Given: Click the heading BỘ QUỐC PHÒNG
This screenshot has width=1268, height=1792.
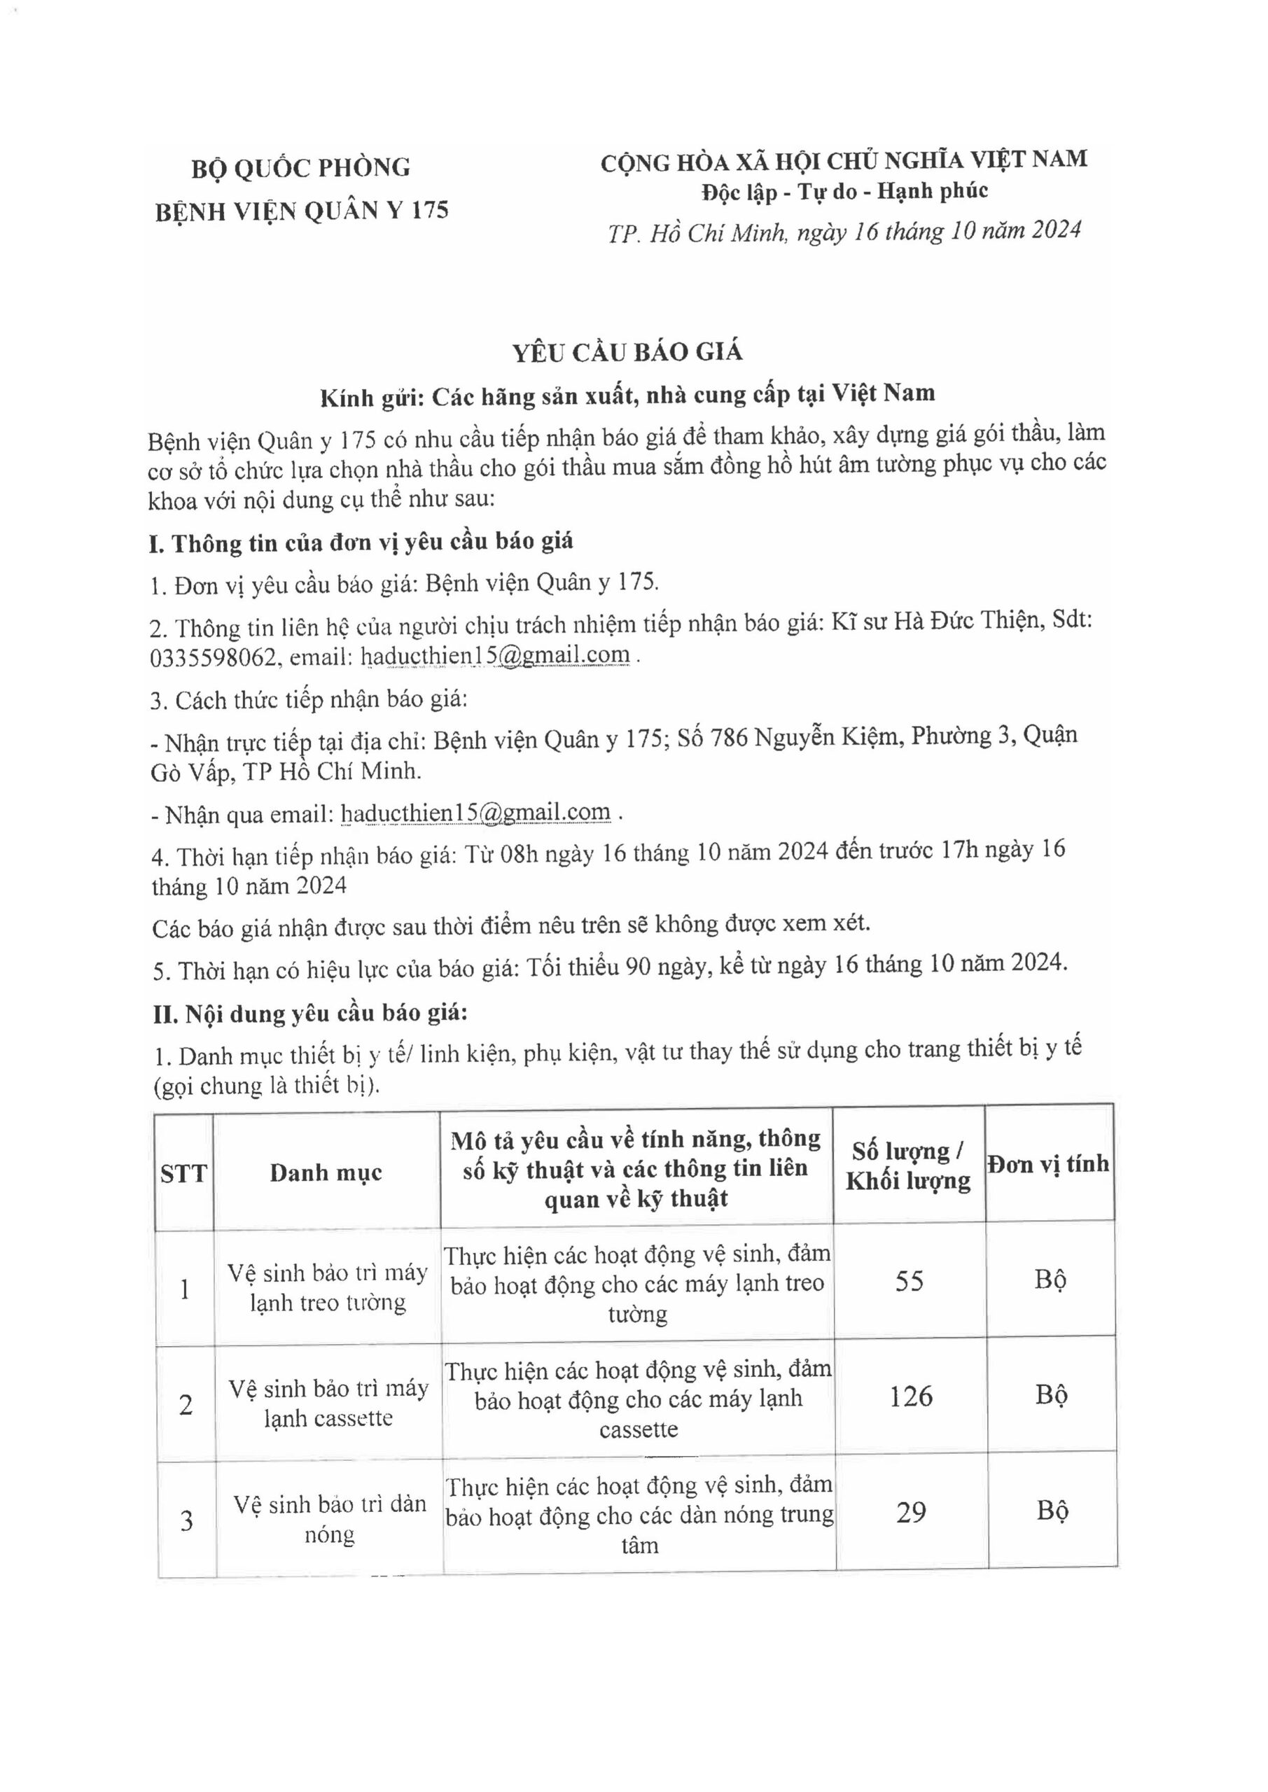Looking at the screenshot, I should tap(300, 167).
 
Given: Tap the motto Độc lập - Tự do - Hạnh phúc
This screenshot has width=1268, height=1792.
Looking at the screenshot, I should tap(844, 191).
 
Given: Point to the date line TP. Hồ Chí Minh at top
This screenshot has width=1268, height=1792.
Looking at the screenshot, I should tap(844, 232).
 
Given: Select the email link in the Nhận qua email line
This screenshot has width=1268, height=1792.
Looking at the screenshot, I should tap(475, 813).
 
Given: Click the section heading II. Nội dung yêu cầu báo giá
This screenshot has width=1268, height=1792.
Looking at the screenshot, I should tap(309, 1014).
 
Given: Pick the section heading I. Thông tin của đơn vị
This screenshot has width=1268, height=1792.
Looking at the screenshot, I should tap(361, 542).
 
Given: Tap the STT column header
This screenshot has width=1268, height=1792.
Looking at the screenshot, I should tap(184, 1173).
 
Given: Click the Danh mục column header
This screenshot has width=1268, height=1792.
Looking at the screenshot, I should tap(326, 1172).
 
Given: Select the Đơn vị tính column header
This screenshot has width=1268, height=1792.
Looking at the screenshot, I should tap(1048, 1165).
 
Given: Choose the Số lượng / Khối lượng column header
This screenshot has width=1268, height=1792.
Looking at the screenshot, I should tap(908, 1166).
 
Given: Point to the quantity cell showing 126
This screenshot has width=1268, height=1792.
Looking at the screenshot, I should tap(910, 1396).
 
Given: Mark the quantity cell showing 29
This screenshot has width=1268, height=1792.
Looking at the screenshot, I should tap(911, 1512).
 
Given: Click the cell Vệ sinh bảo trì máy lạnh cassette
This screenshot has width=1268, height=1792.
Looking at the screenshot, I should tap(328, 1403).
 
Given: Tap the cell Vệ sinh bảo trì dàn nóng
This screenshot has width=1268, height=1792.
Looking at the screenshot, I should tap(330, 1519).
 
